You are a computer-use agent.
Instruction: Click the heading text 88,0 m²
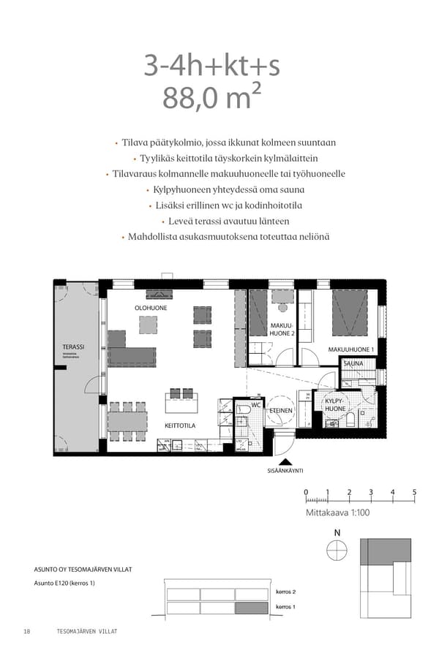(x=211, y=98)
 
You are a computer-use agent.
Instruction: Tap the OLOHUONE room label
(x=150, y=309)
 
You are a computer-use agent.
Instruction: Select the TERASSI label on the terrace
(x=73, y=347)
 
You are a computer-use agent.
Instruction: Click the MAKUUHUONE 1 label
(x=350, y=349)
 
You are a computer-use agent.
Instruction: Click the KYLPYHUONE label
(x=335, y=405)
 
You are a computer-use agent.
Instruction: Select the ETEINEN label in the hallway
(x=281, y=411)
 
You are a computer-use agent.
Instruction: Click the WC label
(x=256, y=404)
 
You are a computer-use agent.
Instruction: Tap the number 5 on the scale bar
(x=414, y=492)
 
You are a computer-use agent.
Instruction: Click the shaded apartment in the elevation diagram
(x=250, y=608)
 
